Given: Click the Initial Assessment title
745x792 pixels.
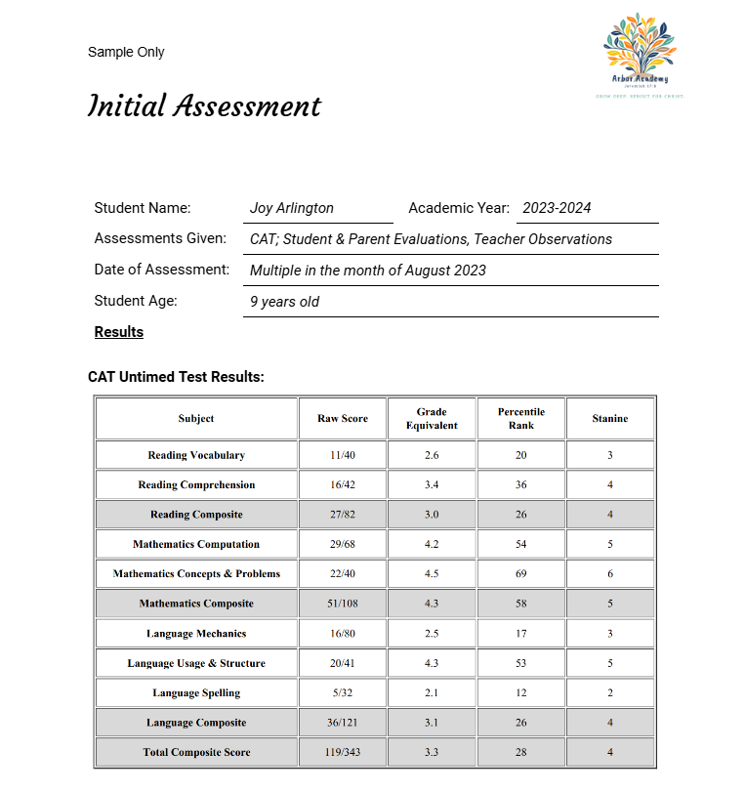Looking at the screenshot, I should point(204,105).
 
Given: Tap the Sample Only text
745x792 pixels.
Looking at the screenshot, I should point(126,52).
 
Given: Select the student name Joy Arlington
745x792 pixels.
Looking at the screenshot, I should point(292,208).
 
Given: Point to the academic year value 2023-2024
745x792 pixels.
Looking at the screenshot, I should point(557,208).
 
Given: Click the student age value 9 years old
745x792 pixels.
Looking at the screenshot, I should point(284,302).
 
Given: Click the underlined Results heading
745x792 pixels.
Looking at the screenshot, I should point(119,332).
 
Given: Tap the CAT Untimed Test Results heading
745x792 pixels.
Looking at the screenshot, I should point(176,376).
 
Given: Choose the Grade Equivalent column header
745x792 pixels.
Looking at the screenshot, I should point(432,418).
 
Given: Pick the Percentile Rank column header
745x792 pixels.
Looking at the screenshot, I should point(521,418).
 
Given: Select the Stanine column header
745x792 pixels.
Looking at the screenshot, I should point(610,418).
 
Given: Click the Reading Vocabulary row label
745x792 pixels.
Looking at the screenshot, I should point(196,455).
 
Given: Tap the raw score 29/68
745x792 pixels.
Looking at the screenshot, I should point(343,544).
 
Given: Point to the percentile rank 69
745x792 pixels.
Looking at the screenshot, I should point(521,574).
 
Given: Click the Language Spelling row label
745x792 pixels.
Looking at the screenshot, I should point(196,693).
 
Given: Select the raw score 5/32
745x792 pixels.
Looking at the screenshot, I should point(343,693).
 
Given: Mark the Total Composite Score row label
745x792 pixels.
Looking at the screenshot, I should point(196,752).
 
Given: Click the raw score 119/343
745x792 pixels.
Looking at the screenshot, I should point(343,752).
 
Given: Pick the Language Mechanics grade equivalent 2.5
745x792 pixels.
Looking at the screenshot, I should point(432,634).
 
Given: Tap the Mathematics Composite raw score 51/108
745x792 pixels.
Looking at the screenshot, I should point(343,604).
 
